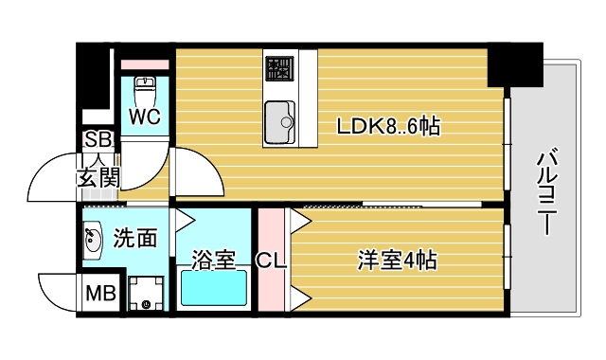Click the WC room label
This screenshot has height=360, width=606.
click(x=144, y=117)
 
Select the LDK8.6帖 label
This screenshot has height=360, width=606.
click(x=388, y=125)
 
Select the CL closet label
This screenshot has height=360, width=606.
click(x=273, y=259)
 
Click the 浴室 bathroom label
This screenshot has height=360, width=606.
click(x=213, y=260)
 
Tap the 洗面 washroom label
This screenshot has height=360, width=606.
click(x=135, y=238)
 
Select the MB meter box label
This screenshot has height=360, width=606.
click(x=100, y=294)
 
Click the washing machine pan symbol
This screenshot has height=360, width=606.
click(x=147, y=293)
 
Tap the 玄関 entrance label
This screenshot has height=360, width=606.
click(x=98, y=176)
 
